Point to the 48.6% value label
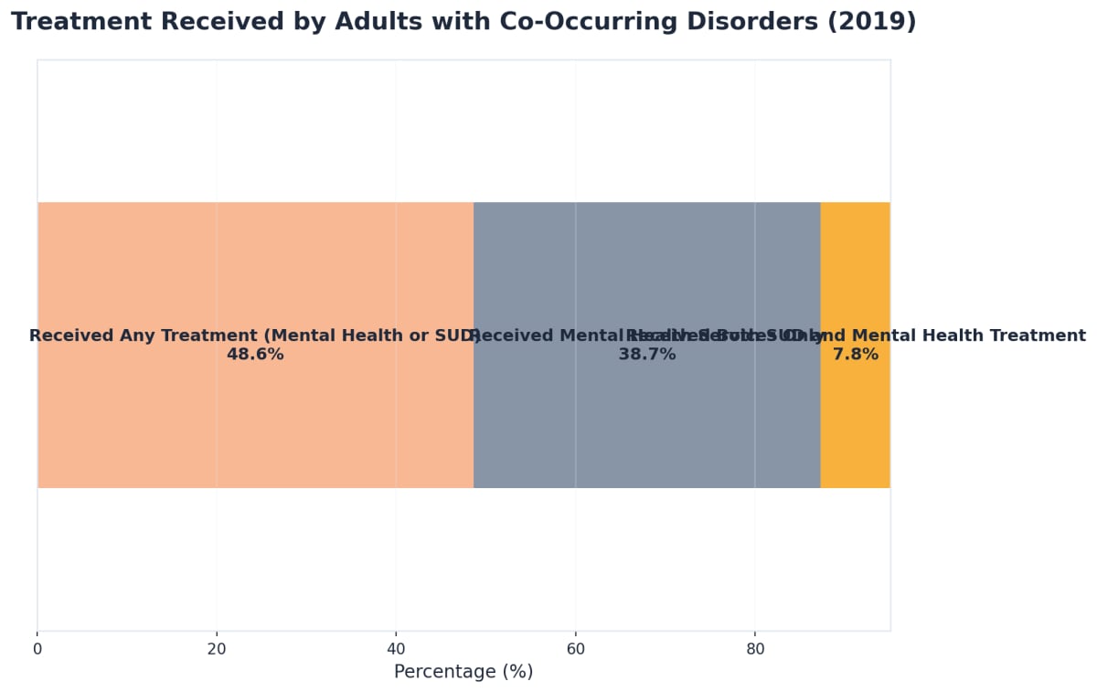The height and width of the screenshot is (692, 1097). point(255,355)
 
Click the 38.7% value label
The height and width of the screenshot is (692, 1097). point(646,355)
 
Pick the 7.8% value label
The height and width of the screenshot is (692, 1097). point(855,355)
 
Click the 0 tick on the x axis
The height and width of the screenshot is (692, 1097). point(37,649)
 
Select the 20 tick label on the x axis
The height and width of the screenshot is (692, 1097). point(217,649)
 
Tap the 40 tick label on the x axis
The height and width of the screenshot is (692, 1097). point(396,649)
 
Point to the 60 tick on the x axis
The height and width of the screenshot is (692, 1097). point(575,649)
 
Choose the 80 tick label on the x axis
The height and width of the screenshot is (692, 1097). point(754,649)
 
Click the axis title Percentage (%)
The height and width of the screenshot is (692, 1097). point(463,672)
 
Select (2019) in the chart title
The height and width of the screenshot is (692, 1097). point(871,22)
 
